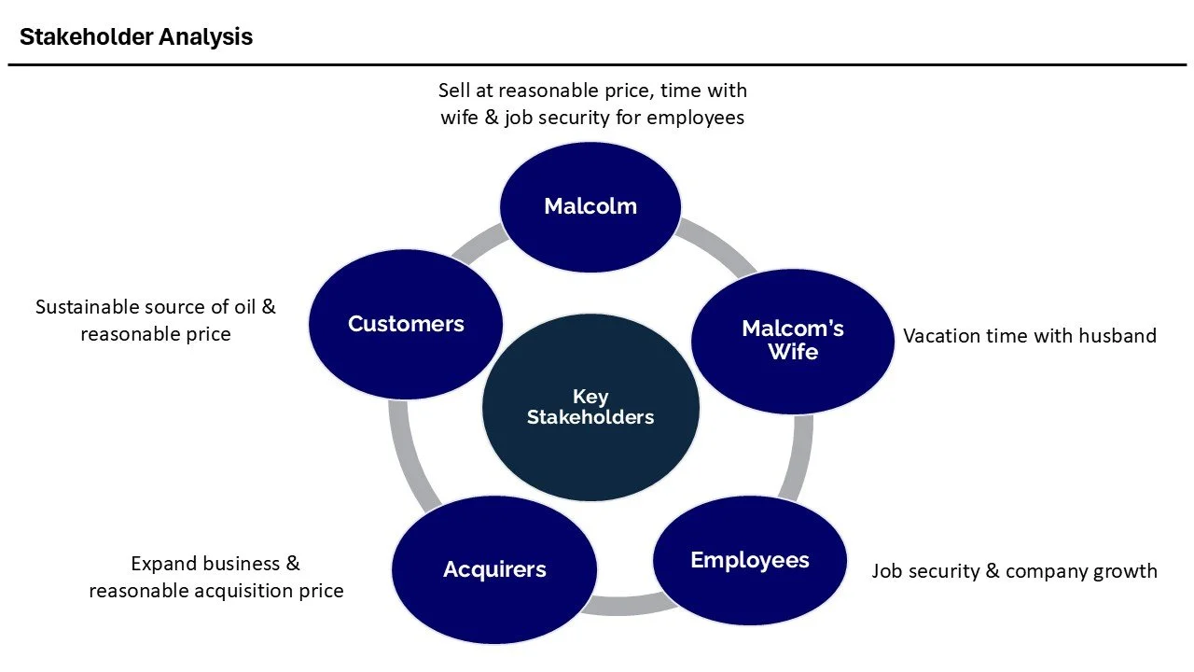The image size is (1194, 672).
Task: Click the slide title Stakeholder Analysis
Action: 136,37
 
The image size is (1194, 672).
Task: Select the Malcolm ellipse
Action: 590,206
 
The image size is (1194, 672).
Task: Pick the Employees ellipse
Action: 750,560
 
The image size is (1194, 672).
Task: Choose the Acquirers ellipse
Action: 494,569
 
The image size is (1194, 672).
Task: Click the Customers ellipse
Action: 406,324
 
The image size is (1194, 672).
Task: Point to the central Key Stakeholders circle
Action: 590,407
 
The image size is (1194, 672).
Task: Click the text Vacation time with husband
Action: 1029,336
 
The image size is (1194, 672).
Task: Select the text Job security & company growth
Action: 1014,571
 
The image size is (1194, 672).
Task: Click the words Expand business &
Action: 215,564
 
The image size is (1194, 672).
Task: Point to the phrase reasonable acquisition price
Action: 215,591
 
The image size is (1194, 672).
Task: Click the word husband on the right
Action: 1118,336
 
